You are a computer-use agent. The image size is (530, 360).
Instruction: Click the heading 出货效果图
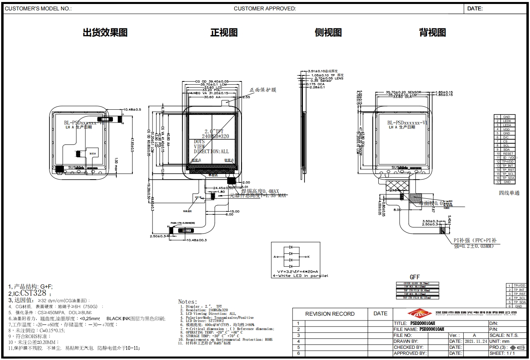point(105,33)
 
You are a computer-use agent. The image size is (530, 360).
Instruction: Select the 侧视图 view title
point(328,33)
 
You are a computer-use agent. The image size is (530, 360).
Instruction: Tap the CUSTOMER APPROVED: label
point(265,8)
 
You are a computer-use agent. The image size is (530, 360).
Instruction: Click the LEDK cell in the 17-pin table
point(506,121)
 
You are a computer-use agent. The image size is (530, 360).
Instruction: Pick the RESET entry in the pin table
point(508,154)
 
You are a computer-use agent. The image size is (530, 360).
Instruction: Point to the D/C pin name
point(506,137)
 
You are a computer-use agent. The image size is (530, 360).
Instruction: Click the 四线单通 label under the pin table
point(509,193)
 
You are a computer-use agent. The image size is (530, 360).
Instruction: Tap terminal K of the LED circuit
point(309,257)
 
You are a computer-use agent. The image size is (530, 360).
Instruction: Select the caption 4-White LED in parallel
point(300,276)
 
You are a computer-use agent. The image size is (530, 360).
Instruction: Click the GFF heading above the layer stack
point(415,277)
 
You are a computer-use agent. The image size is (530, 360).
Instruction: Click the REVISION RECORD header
point(330,314)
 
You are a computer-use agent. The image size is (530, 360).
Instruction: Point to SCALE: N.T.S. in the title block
point(504,336)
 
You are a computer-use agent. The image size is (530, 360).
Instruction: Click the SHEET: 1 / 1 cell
point(502,353)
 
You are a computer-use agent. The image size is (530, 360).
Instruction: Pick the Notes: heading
point(188,302)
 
